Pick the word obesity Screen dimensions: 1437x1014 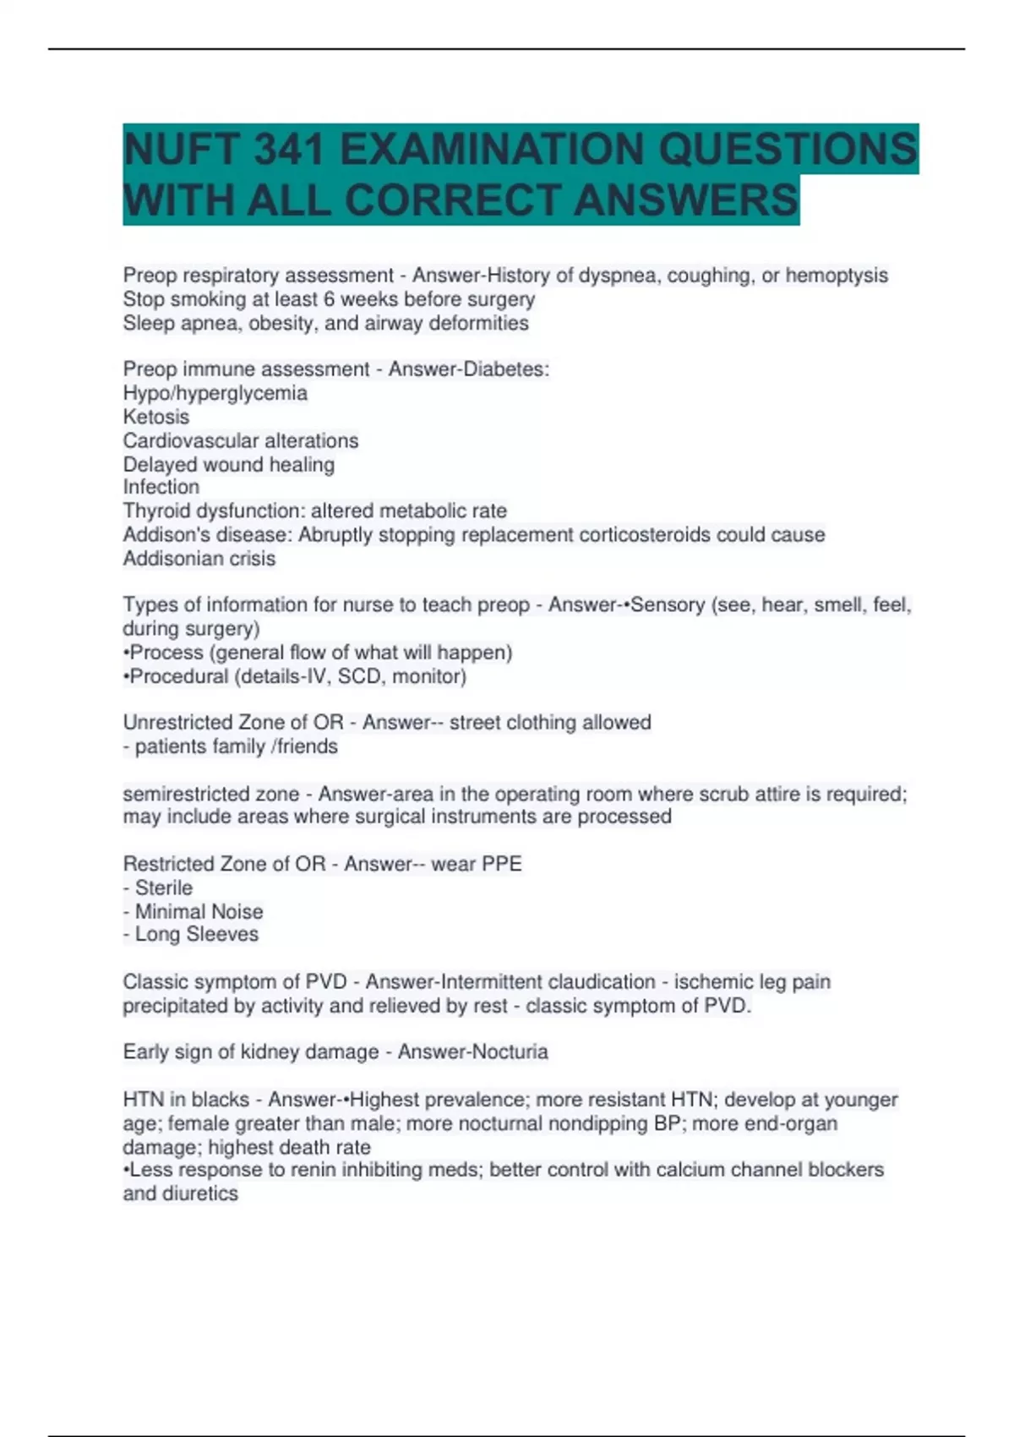tap(282, 323)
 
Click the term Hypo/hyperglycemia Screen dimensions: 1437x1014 tap(215, 393)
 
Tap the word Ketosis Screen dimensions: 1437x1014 tap(156, 417)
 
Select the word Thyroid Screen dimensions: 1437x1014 tap(156, 511)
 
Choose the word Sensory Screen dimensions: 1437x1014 tap(668, 604)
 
